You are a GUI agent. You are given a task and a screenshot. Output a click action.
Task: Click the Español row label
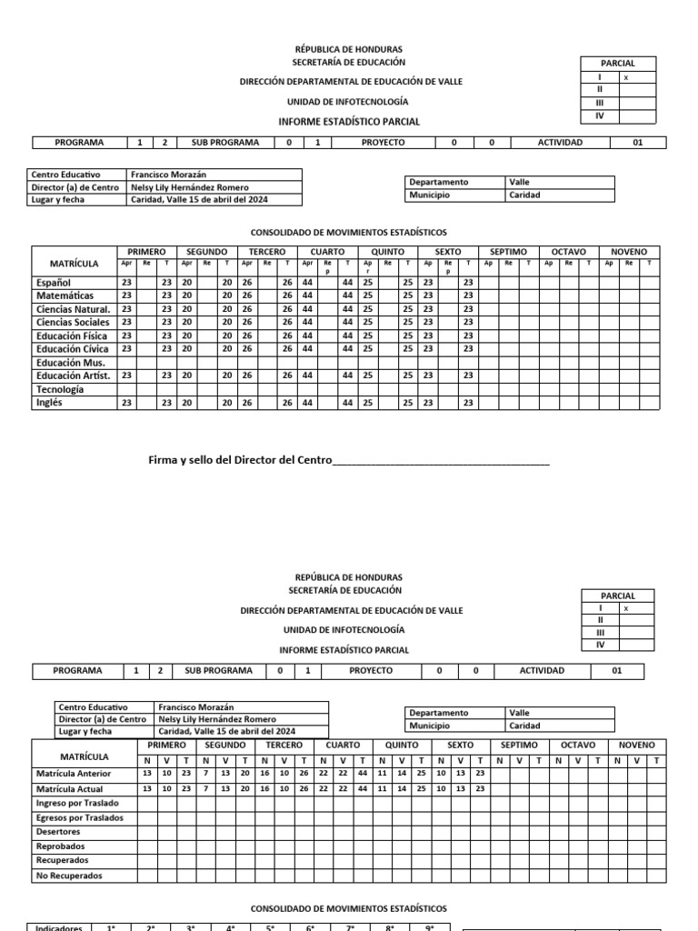[x=52, y=283]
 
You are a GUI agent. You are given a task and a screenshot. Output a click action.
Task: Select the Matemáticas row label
[x=65, y=295]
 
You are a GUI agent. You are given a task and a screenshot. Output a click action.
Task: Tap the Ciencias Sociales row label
[x=72, y=322]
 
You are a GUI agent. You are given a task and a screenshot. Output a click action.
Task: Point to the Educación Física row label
[x=70, y=335]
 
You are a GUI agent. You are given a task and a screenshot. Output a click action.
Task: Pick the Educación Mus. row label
[x=71, y=362]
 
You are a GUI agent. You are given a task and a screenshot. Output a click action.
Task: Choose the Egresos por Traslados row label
[x=79, y=818]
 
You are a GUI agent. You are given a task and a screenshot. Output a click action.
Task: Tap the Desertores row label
[x=58, y=832]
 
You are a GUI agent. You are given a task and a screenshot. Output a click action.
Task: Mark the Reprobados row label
[x=60, y=846]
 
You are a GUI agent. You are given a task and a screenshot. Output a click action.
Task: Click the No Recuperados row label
[x=69, y=876]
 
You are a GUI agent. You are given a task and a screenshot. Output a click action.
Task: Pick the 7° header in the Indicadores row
[x=349, y=926]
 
